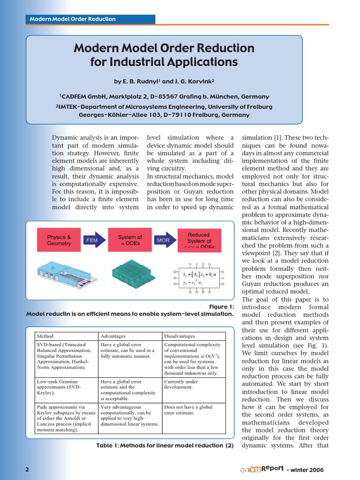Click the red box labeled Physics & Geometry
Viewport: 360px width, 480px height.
(x=59, y=240)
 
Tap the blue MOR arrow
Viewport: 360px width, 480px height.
(x=164, y=240)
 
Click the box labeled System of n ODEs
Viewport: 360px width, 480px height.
(x=129, y=240)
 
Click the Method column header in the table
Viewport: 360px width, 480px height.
(x=45, y=336)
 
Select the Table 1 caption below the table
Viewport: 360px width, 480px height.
(x=165, y=445)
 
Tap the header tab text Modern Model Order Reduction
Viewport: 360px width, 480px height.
(x=73, y=19)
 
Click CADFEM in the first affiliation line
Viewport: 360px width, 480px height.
(x=77, y=97)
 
